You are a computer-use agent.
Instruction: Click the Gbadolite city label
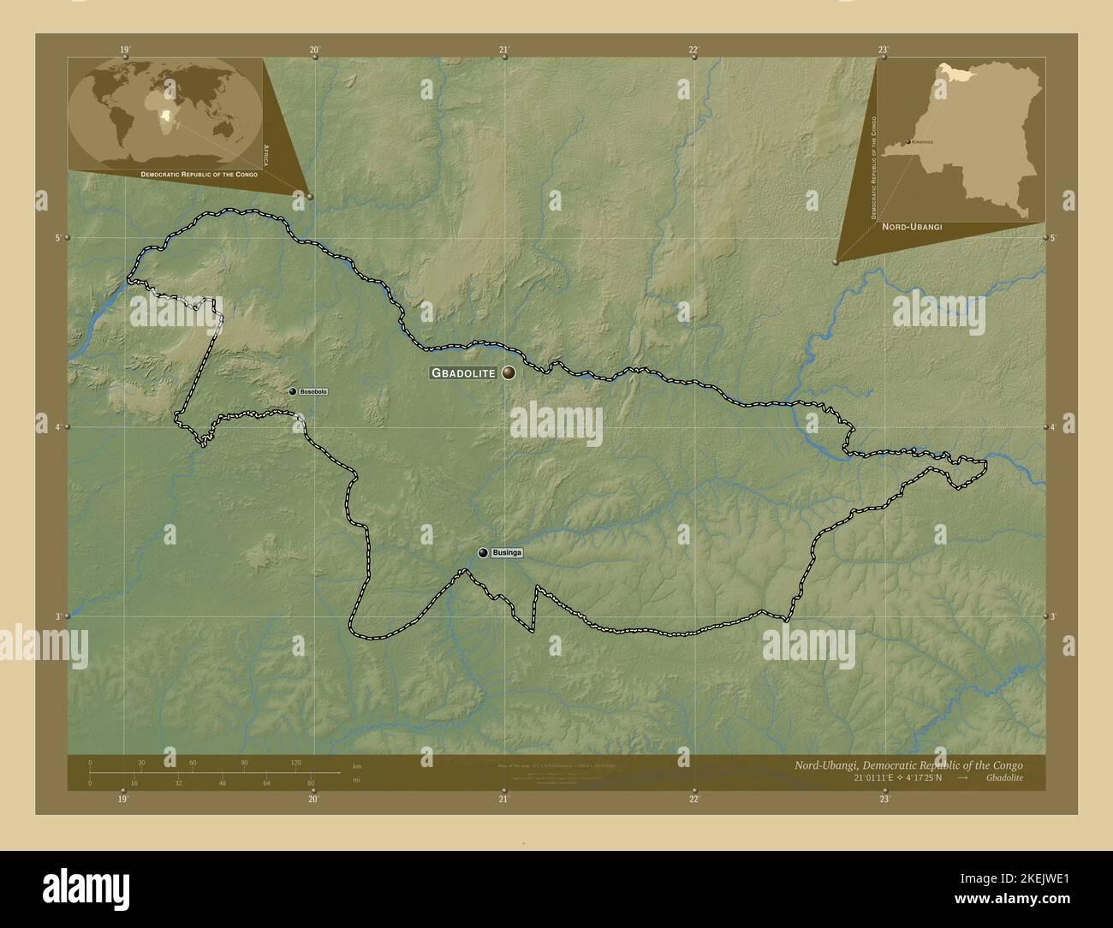(463, 373)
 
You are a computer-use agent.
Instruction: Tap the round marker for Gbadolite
(509, 372)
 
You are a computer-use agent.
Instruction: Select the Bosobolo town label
(313, 391)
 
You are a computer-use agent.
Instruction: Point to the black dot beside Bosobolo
(293, 391)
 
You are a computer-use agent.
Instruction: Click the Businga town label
(507, 553)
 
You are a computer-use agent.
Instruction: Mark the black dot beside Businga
(484, 553)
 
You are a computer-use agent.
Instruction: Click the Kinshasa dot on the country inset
(908, 142)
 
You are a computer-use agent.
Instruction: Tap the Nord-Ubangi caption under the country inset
(912, 227)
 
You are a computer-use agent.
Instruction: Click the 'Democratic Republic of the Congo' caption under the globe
(199, 174)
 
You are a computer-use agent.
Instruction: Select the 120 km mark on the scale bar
(295, 762)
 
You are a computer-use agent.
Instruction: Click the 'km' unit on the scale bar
(357, 765)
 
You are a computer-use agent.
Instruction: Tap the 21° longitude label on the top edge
(504, 50)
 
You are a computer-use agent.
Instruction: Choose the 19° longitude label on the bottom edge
(124, 799)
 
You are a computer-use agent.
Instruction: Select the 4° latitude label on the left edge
(58, 426)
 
